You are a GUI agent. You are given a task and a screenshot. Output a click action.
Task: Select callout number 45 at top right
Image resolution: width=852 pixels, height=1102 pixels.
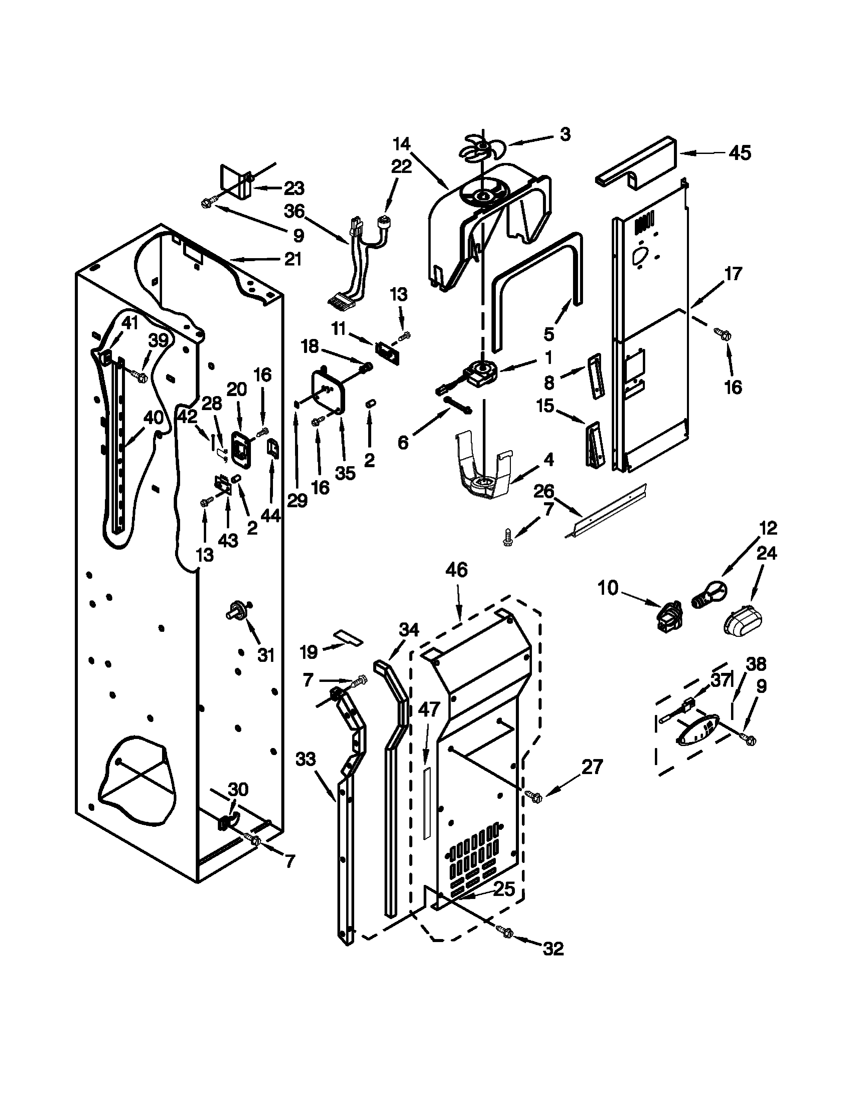(x=740, y=152)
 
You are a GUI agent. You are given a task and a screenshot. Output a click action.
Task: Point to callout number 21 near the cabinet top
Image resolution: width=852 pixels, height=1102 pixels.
(x=293, y=259)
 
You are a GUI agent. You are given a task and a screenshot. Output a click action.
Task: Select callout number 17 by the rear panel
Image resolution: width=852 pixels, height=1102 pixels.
(x=733, y=274)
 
